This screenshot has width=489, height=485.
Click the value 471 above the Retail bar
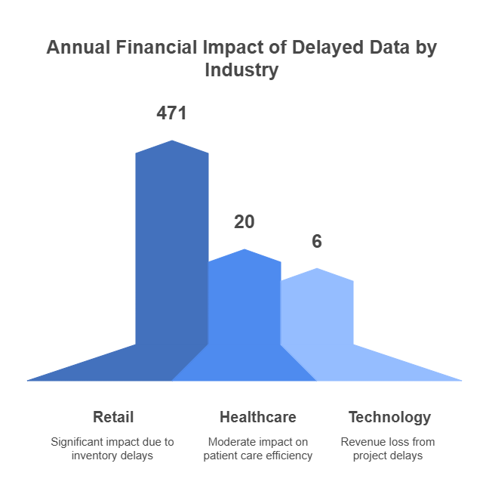(x=171, y=113)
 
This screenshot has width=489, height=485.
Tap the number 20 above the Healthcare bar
(x=244, y=222)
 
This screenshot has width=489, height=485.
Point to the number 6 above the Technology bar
(x=317, y=242)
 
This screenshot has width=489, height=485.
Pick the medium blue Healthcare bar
(x=244, y=310)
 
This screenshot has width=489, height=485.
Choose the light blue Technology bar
(x=317, y=317)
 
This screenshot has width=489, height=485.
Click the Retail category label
(x=113, y=417)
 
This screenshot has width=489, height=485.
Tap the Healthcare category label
(x=258, y=417)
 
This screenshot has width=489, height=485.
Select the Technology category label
(x=389, y=417)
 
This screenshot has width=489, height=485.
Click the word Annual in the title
(x=78, y=48)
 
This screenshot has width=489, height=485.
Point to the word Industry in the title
(x=241, y=71)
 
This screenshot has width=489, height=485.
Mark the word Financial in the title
(x=154, y=48)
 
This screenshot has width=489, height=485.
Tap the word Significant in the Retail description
(x=78, y=441)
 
